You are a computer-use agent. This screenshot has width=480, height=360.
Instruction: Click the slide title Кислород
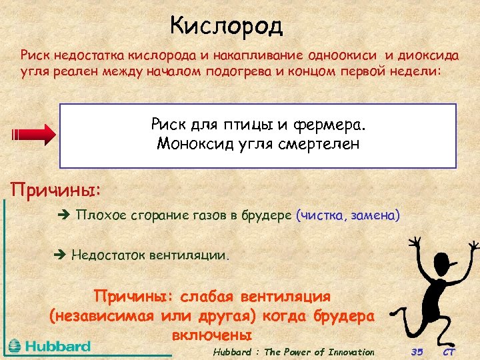[x=227, y=26]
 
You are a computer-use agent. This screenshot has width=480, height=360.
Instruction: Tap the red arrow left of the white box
[x=34, y=133]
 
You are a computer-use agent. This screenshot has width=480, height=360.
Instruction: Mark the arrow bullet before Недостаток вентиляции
[x=59, y=255]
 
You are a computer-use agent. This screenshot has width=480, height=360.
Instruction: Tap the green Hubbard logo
[x=49, y=346]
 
